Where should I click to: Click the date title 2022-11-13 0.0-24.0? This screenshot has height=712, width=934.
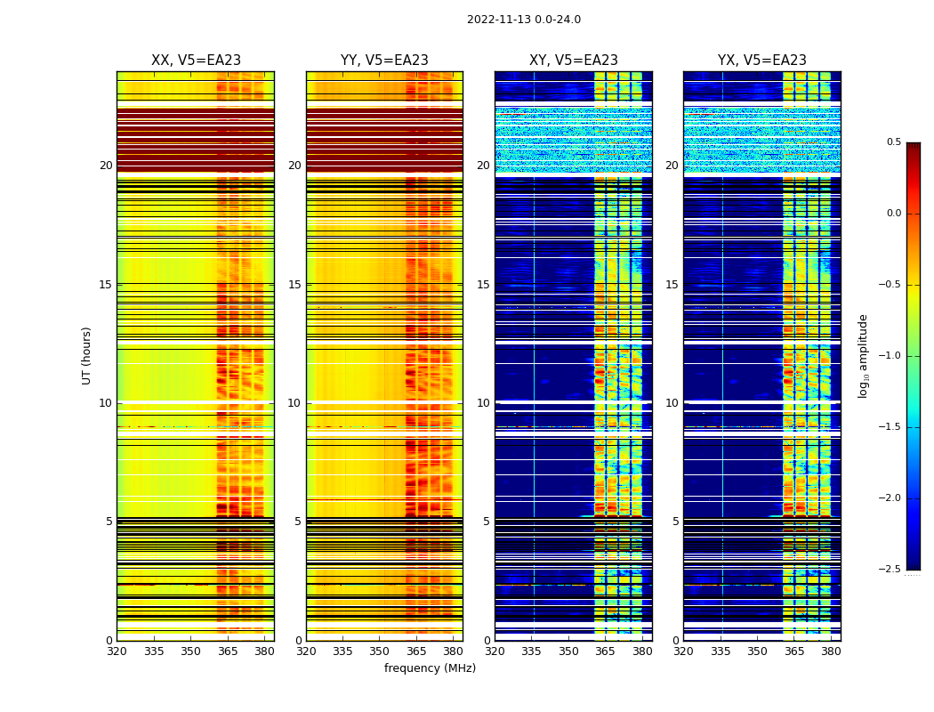coord(523,20)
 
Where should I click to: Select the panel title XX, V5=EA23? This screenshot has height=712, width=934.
coord(196,61)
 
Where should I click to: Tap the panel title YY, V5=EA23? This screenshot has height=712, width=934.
coord(384,61)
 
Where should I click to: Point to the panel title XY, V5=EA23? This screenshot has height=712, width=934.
coord(573,61)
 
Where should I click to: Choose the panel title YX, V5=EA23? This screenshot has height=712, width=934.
coord(761,61)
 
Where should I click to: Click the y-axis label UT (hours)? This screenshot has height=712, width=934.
coord(87,355)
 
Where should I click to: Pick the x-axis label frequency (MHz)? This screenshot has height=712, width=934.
coord(430,668)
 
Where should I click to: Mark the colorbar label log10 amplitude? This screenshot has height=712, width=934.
coord(863,355)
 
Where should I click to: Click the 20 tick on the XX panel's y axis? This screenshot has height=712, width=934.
coord(106,166)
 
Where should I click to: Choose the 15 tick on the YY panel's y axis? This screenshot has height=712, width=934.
coord(294,285)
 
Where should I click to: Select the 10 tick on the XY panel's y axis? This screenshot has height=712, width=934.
coord(483,403)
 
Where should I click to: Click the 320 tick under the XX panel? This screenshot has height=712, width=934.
coord(117,651)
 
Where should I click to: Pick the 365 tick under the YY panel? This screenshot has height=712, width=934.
coord(416,651)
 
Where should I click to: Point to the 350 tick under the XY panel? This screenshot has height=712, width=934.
coord(568,651)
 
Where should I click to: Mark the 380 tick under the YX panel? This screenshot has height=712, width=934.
coord(831,651)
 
